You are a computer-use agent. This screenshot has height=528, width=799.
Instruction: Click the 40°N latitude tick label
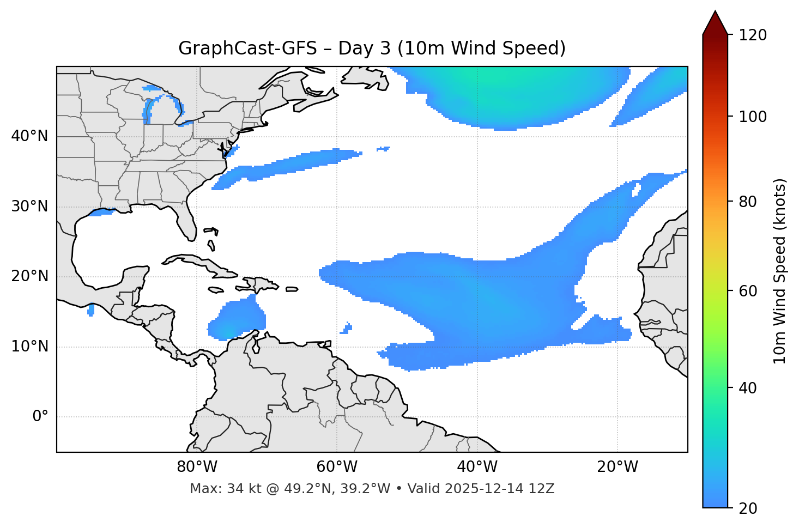point(29,136)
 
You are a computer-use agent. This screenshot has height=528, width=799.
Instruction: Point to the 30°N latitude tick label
point(29,207)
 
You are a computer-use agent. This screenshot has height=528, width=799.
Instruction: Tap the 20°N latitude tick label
point(29,276)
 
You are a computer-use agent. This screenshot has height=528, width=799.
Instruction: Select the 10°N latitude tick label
point(29,347)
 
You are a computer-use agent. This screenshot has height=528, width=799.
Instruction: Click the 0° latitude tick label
point(40,417)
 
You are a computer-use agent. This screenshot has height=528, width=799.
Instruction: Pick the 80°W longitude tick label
point(197,467)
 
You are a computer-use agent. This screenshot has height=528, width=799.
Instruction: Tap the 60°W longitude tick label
point(337,467)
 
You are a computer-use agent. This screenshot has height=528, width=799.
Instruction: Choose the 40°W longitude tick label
point(477,467)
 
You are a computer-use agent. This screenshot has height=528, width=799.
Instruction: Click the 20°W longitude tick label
point(618,467)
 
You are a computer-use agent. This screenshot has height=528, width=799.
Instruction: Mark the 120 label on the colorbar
point(752,35)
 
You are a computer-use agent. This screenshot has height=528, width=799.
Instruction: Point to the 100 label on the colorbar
point(752,117)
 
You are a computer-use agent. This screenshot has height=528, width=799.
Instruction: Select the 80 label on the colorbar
point(748,202)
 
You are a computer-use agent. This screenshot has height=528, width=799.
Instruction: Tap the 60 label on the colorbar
point(748,291)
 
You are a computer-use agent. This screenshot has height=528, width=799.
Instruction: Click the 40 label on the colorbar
point(748,388)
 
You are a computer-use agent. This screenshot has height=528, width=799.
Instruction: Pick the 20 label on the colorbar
point(748,508)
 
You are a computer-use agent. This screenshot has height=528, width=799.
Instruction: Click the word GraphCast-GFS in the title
point(247,48)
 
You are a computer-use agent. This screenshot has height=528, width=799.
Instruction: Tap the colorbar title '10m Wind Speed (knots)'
point(780,271)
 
